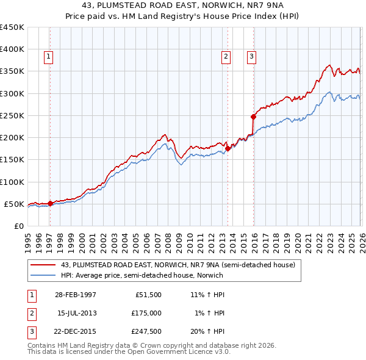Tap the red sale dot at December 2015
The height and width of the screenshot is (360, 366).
[x=253, y=116]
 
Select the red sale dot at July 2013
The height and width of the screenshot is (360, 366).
[x=227, y=148]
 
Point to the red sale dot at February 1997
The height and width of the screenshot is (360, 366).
[x=50, y=203]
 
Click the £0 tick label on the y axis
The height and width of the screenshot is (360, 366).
[x=18, y=226]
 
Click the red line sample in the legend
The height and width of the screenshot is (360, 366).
[x=43, y=265]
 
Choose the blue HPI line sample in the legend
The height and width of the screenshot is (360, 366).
[x=43, y=275]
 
